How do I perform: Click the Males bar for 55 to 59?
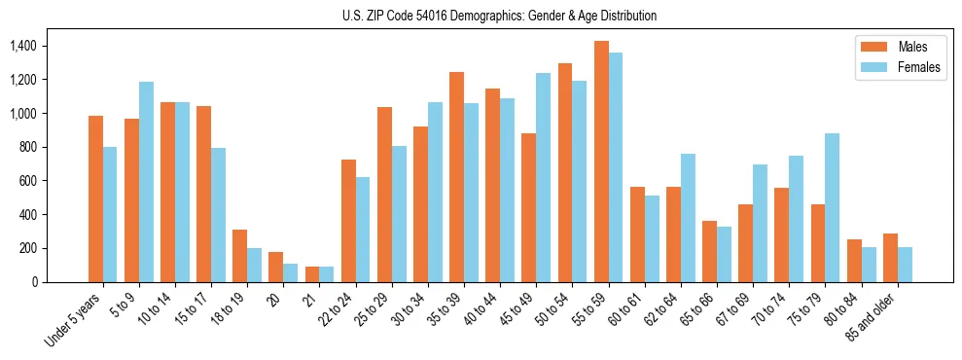coord(601,162)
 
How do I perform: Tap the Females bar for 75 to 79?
coord(833,207)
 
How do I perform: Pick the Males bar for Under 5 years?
coord(95,198)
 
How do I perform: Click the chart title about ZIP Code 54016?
coord(499,16)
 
